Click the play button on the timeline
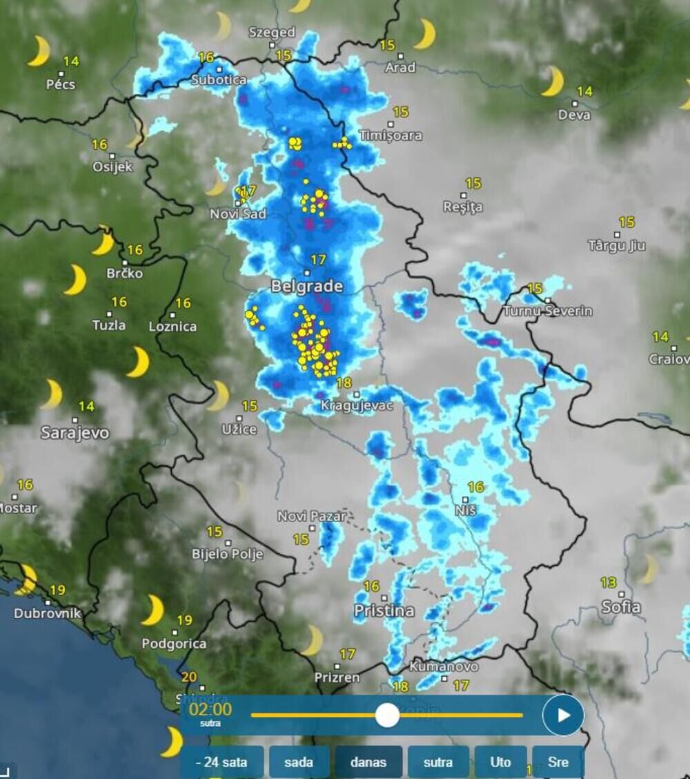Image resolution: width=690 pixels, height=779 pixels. tap(563, 715)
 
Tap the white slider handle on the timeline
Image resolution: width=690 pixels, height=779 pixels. tap(387, 715)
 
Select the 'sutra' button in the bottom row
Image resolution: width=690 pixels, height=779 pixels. tap(437, 762)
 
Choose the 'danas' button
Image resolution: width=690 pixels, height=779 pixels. tap(368, 762)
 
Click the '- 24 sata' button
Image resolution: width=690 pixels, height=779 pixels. tap(221, 762)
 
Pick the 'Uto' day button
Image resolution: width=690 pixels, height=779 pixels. tap(500, 762)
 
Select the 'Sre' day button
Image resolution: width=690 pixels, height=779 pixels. tap(558, 762)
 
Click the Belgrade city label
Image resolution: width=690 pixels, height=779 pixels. tap(307, 286)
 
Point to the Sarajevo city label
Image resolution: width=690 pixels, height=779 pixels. tap(75, 433)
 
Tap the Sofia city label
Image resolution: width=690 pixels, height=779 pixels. tap(621, 607)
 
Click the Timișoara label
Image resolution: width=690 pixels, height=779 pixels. tap(391, 135)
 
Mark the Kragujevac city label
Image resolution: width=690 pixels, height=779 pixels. tap(357, 406)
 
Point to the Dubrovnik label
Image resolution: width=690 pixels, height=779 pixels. tap(48, 613)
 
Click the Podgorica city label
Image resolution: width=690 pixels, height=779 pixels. tap(174, 644)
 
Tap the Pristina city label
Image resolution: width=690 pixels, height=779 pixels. tap(384, 610)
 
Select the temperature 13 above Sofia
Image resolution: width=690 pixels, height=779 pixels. tap(608, 583)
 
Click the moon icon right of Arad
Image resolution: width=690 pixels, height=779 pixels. tap(425, 34)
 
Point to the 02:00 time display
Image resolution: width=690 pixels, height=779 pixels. tap(210, 709)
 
